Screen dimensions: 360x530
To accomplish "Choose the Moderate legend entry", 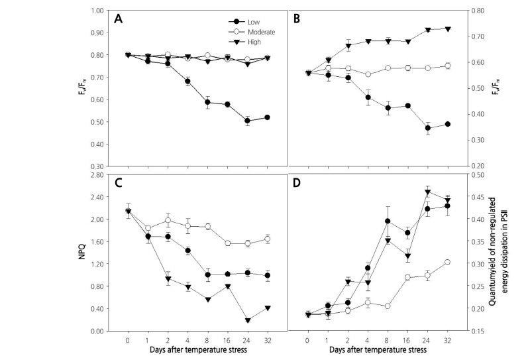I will [x=260, y=31].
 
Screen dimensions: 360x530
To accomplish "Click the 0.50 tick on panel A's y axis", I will [x=98, y=122].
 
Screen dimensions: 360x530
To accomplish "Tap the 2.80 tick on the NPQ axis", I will [x=98, y=175].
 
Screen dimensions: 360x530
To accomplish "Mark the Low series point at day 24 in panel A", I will [x=247, y=121].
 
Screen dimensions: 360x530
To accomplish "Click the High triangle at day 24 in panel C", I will [x=247, y=321].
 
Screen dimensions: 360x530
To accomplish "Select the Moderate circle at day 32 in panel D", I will [x=447, y=262].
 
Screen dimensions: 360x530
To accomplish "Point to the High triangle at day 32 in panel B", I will [x=447, y=29].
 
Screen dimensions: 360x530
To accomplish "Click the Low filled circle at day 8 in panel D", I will [x=387, y=221].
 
